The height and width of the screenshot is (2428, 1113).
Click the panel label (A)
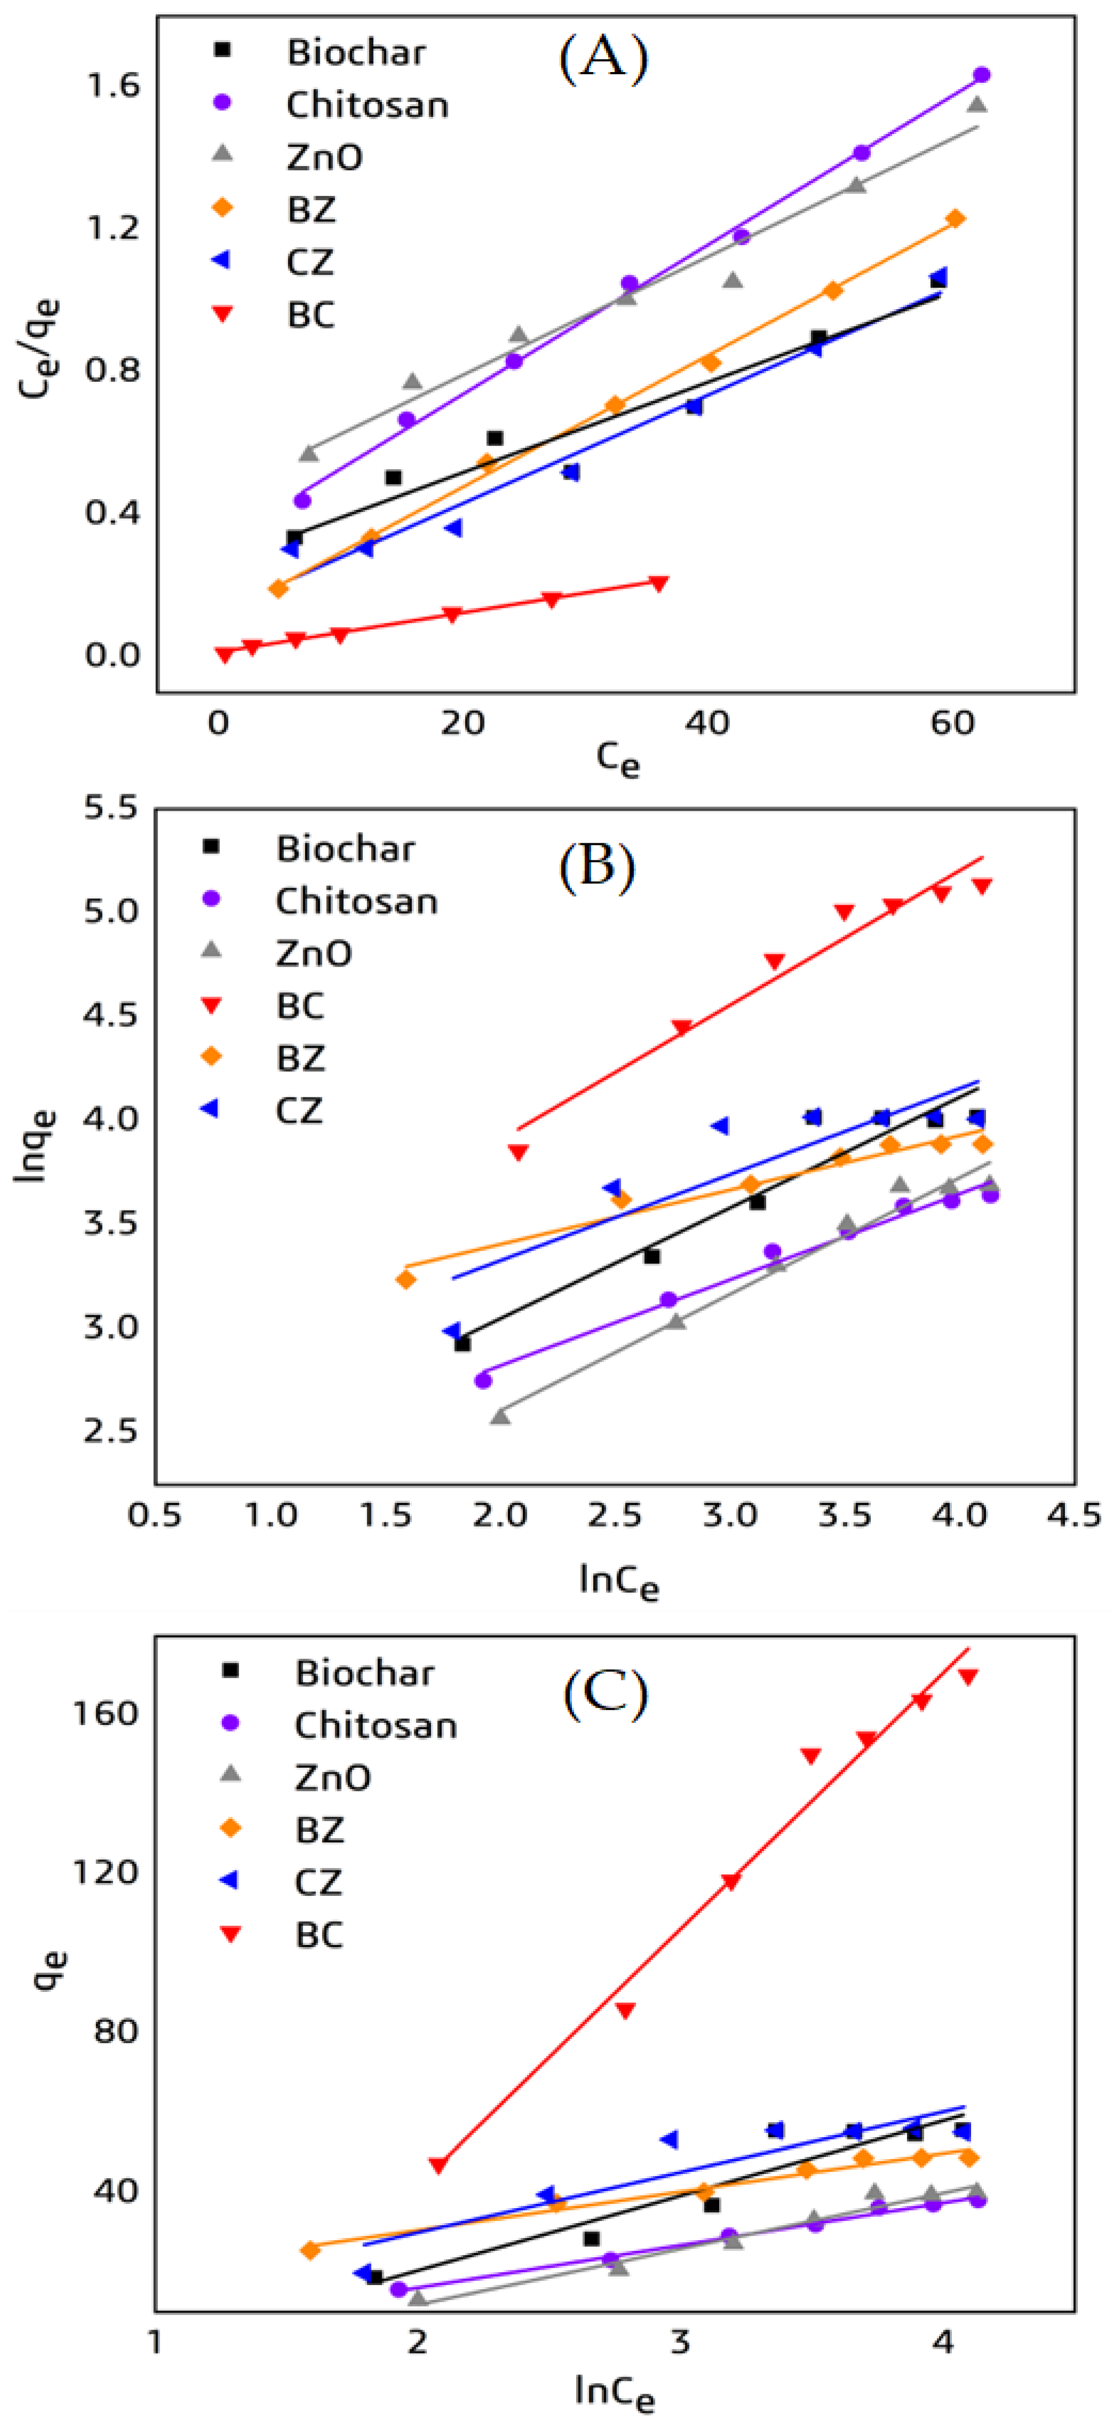pos(603,58)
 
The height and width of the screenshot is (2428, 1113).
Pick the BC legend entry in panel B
pos(300,1006)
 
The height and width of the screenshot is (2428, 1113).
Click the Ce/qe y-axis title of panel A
pos(39,349)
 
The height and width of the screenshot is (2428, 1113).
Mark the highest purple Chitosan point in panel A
pos(981,75)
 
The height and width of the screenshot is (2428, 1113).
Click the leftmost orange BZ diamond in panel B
pos(406,1279)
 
